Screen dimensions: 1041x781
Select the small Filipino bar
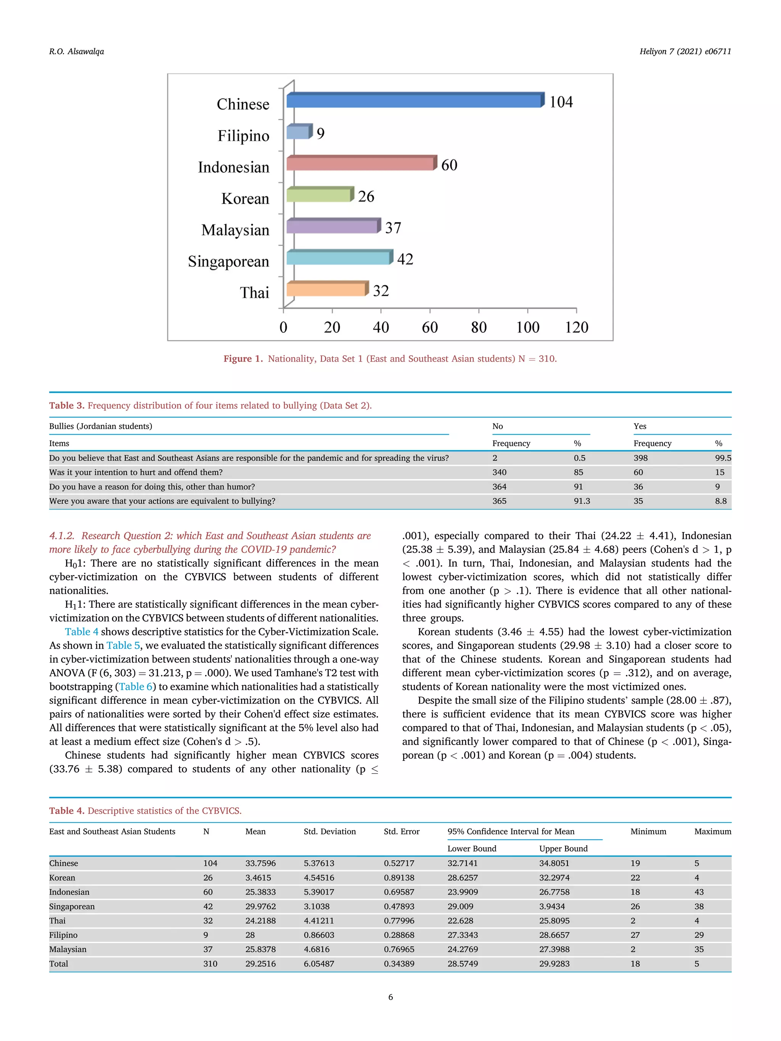[299, 132]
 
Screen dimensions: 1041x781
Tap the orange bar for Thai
[326, 289]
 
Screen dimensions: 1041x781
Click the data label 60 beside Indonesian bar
[449, 165]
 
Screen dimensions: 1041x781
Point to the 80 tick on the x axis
[479, 327]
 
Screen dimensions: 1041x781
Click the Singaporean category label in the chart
[228, 261]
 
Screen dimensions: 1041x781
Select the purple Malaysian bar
[333, 226]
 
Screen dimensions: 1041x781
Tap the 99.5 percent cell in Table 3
[723, 458]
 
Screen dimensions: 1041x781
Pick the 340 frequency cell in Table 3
[499, 472]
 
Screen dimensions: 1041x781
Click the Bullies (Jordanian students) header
[100, 426]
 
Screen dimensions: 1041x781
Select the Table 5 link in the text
[123, 645]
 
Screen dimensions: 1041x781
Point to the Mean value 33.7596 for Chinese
[260, 863]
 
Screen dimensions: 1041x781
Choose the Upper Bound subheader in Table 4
[563, 848]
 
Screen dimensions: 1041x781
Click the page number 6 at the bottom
[390, 997]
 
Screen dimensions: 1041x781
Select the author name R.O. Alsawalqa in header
[76, 51]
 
